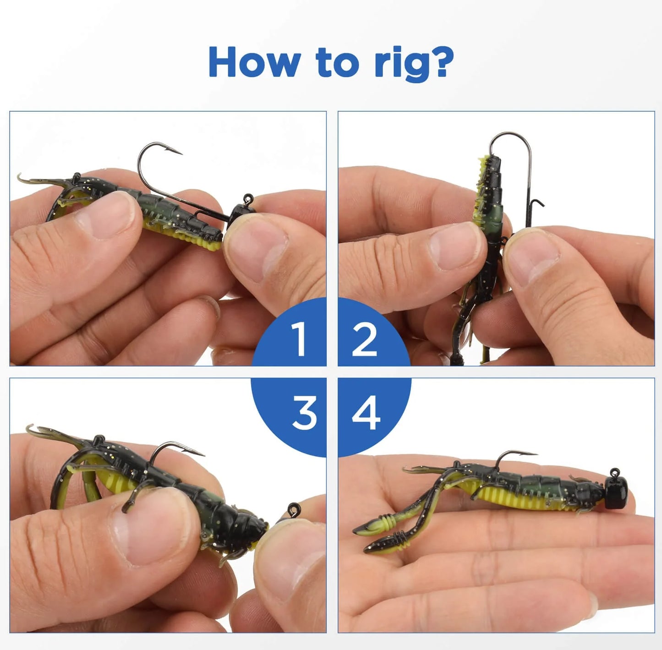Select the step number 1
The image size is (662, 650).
pos(299,339)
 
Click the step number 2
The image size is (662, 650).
pos(364,339)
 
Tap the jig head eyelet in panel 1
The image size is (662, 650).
pos(248,199)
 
